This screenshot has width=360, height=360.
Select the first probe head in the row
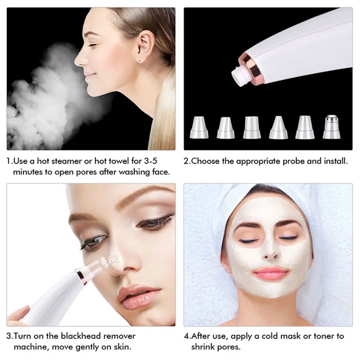[200, 127]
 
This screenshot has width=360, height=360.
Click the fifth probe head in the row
[305, 127]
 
